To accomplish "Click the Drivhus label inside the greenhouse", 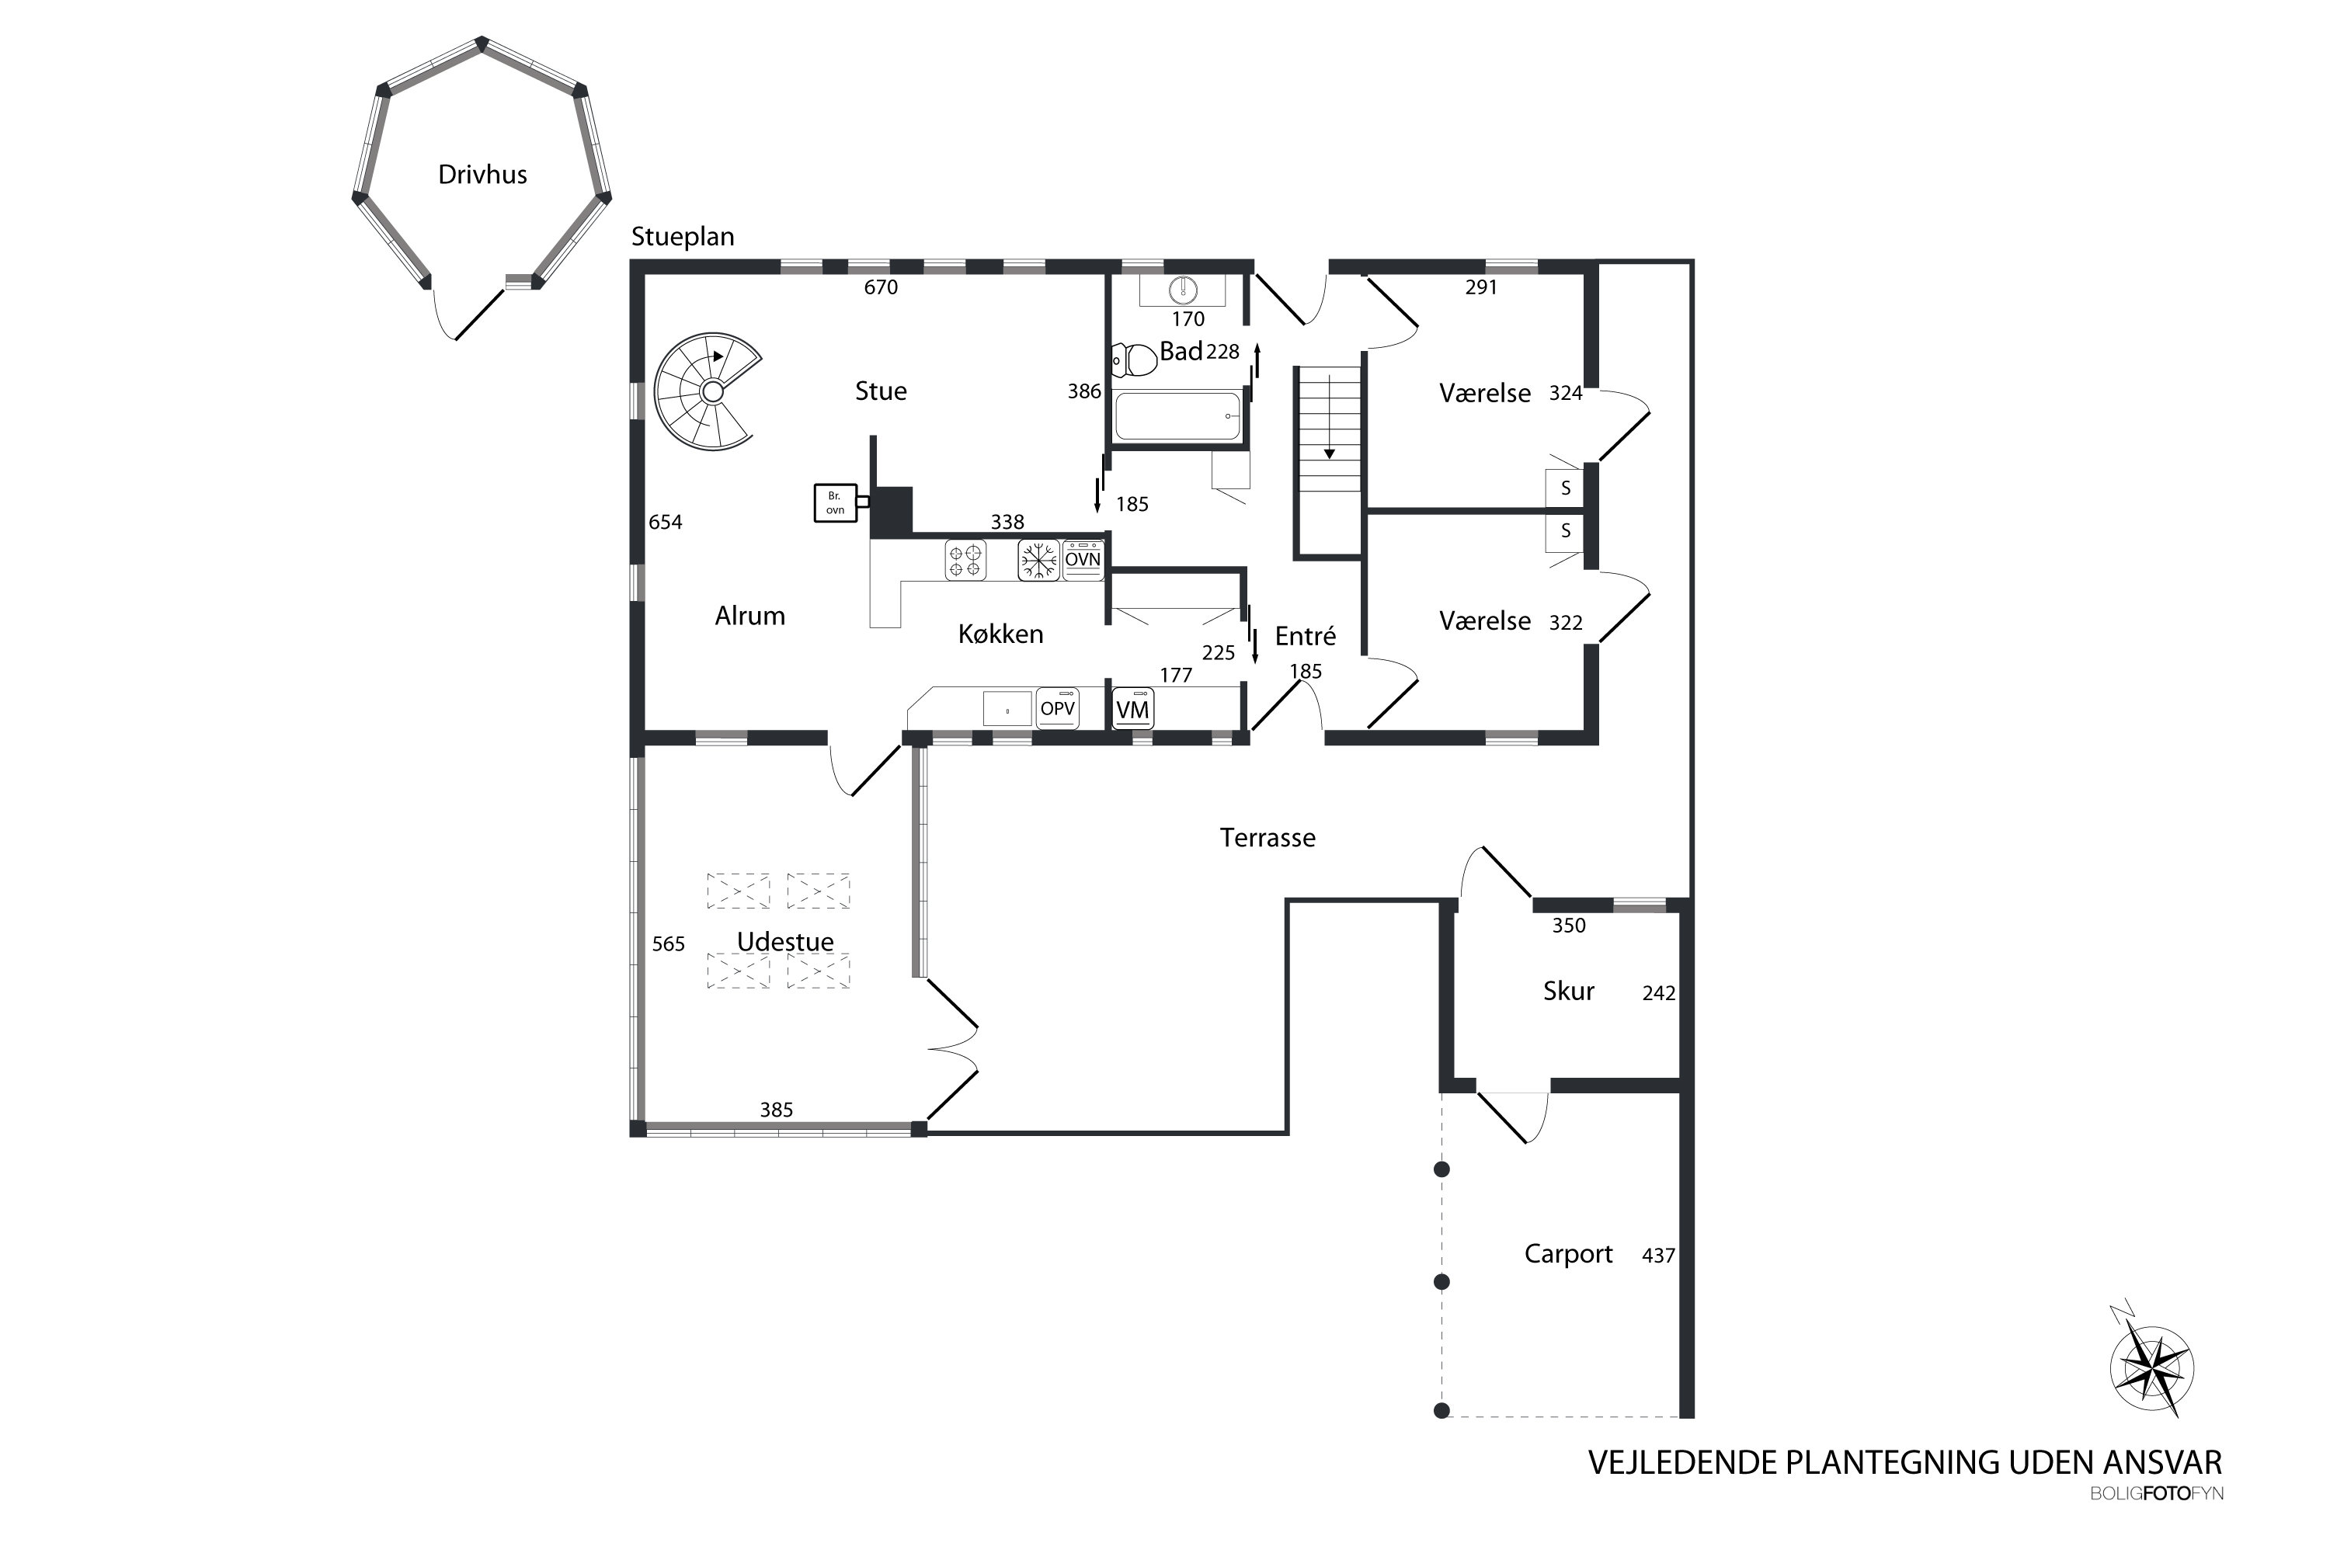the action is click(x=482, y=174).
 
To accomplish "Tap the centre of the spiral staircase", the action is click(x=711, y=392).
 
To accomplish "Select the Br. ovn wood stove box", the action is click(x=835, y=503).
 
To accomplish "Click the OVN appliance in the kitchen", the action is click(x=1083, y=561).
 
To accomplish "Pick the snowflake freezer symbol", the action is click(x=1038, y=561).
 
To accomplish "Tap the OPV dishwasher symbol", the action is click(x=1058, y=709).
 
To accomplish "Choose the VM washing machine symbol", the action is click(x=1132, y=709).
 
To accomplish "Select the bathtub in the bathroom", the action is click(x=1178, y=417).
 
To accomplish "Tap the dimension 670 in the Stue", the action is click(x=881, y=287).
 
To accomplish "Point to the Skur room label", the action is click(x=1568, y=992).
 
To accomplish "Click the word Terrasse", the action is click(x=1268, y=838).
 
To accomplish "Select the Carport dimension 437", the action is click(x=1658, y=1256).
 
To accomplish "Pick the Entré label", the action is click(x=1306, y=636).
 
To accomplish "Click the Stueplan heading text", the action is click(x=683, y=238).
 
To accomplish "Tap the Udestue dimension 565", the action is click(x=669, y=944).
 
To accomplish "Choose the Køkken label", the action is click(x=1000, y=634).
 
